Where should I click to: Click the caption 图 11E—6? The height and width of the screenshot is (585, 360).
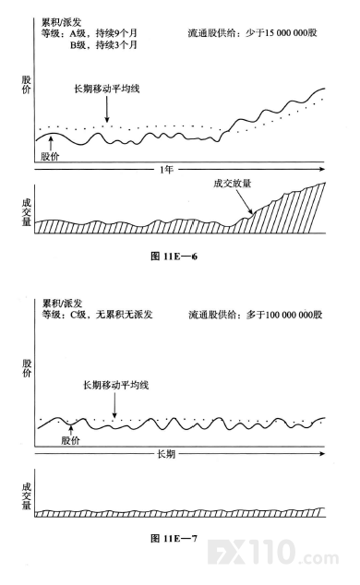(174, 257)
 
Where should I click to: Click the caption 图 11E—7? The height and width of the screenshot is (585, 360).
(174, 538)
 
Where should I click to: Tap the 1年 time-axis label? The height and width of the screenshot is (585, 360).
(166, 170)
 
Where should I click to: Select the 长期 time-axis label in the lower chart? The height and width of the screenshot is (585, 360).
(166, 454)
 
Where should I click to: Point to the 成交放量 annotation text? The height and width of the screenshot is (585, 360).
(232, 184)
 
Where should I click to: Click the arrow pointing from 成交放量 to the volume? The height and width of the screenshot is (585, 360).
(244, 201)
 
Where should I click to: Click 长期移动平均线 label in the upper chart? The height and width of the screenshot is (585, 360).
(107, 89)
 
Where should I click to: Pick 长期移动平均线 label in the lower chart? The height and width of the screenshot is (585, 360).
(115, 385)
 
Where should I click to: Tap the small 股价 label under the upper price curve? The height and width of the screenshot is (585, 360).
(50, 156)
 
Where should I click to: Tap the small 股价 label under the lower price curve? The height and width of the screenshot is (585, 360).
(70, 440)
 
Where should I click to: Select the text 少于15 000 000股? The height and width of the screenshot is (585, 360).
(282, 33)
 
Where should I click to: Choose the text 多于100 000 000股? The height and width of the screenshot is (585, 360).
(284, 315)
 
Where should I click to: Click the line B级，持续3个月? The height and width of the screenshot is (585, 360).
(103, 45)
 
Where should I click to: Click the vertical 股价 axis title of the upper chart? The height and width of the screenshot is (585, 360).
(26, 85)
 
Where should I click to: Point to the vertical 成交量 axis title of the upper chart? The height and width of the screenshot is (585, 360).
(27, 212)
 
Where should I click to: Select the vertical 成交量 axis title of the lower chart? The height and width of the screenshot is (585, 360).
(27, 496)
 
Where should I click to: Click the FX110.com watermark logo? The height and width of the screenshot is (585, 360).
(273, 553)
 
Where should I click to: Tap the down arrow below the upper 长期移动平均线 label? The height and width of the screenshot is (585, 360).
(107, 109)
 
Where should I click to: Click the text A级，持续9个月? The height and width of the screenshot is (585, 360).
(103, 33)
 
